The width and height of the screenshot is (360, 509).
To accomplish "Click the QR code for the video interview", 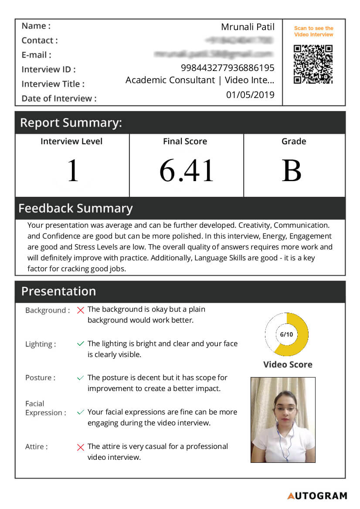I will coord(313,64).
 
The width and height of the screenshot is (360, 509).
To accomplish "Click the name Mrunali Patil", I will coord(248,27).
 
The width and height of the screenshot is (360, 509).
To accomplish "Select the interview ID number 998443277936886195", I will coord(228,68).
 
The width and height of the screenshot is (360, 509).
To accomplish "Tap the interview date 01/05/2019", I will coord(250,95).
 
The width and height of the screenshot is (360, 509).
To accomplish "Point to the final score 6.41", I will coord(187,171).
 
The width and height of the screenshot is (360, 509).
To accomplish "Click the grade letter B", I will coord(292,171).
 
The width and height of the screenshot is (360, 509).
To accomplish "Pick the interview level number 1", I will coord(72,171).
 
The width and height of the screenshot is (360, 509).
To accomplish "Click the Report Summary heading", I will coord(71,123).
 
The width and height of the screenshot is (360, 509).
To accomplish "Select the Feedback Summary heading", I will coord(75,208).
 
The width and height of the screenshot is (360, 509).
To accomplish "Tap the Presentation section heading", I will coord(58,291).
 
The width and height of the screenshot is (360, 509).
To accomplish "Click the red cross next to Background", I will coord(80,310).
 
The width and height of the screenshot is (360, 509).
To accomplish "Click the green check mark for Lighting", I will coord(80,344).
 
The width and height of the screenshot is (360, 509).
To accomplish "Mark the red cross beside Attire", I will coord(80,447).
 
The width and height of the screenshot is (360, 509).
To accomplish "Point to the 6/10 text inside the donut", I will coord(286,334).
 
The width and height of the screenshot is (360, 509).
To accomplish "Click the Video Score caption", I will coord(288,364).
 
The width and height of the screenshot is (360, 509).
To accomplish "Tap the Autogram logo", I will coord(317,496).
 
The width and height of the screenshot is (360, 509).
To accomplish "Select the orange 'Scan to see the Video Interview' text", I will coord(313,31).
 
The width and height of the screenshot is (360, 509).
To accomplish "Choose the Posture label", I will coord(40,378).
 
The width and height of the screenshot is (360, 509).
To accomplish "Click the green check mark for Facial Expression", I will coord(80,412).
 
